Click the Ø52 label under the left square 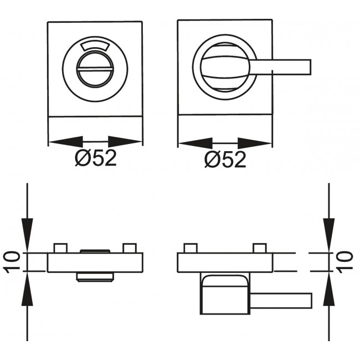(96, 158)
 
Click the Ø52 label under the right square (225, 160)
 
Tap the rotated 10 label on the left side (12, 262)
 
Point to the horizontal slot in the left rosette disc (95, 69)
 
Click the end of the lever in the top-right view (310, 67)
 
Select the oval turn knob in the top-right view (225, 67)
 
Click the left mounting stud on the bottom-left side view (60, 248)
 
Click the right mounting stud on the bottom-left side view (130, 248)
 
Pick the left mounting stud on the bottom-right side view (191, 248)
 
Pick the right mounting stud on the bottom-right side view (260, 248)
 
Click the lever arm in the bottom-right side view (281, 301)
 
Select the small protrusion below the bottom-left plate (95, 277)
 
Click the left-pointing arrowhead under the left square (66, 142)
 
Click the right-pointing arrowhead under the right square (254, 143)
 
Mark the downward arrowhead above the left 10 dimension (27, 235)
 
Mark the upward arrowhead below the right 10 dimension (329, 289)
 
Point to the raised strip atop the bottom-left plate (95, 251)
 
